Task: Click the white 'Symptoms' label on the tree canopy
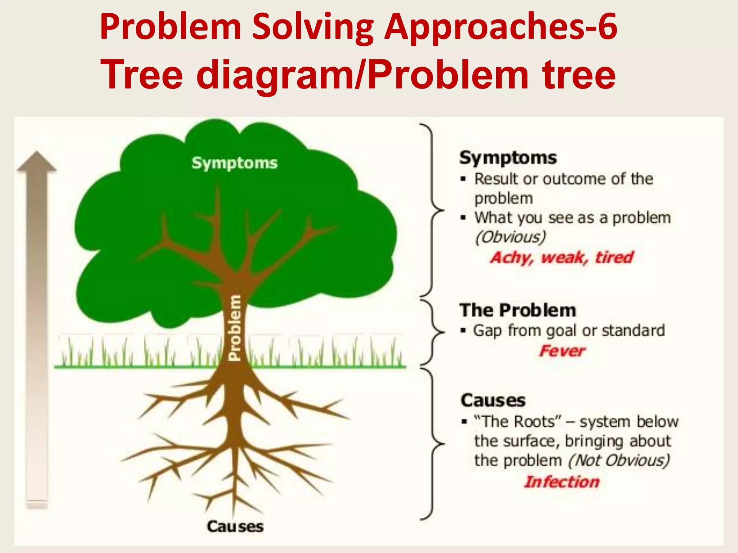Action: tap(234, 163)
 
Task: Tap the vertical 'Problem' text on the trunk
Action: tap(235, 328)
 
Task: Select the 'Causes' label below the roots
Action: tap(235, 526)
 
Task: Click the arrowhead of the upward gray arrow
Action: tap(37, 161)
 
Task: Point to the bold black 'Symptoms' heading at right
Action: tap(508, 158)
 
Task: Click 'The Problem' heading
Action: tap(517, 310)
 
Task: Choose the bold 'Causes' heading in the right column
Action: tap(493, 400)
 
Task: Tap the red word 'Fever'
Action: tap(562, 351)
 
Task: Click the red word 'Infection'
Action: tap(561, 482)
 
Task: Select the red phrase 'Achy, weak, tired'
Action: tap(561, 257)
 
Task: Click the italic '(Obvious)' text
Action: tap(510, 237)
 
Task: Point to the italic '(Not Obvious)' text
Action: tap(619, 460)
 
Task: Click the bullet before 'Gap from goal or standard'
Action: tap(463, 331)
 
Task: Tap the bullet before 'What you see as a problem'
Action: tap(463, 218)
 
